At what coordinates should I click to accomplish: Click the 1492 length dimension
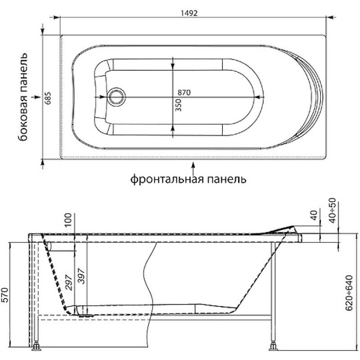[x=189, y=13]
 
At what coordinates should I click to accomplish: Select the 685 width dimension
[x=48, y=98]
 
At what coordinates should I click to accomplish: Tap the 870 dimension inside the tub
[x=184, y=92]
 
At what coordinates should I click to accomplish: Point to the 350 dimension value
[x=178, y=105]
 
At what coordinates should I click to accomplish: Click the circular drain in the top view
[x=117, y=97]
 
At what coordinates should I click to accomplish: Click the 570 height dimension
[x=5, y=295]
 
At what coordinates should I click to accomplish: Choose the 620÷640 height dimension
[x=349, y=293]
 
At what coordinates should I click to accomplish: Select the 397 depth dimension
[x=82, y=276]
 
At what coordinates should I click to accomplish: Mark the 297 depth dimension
[x=69, y=283]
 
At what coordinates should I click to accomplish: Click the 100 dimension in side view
[x=68, y=220]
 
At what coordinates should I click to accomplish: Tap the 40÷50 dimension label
[x=333, y=211]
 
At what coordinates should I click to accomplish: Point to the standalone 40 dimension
[x=314, y=216]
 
